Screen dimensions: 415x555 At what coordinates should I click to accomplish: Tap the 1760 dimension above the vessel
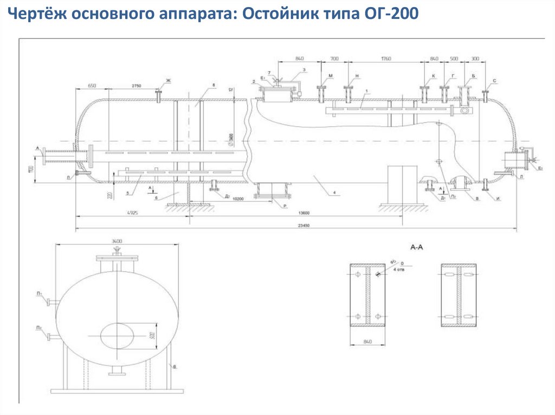(x=386, y=58)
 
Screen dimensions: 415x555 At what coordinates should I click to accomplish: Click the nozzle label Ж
(x=168, y=81)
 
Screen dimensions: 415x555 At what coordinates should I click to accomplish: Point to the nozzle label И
(x=498, y=199)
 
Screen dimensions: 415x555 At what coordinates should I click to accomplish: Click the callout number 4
(x=335, y=192)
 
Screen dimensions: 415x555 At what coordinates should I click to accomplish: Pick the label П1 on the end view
(x=40, y=294)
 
